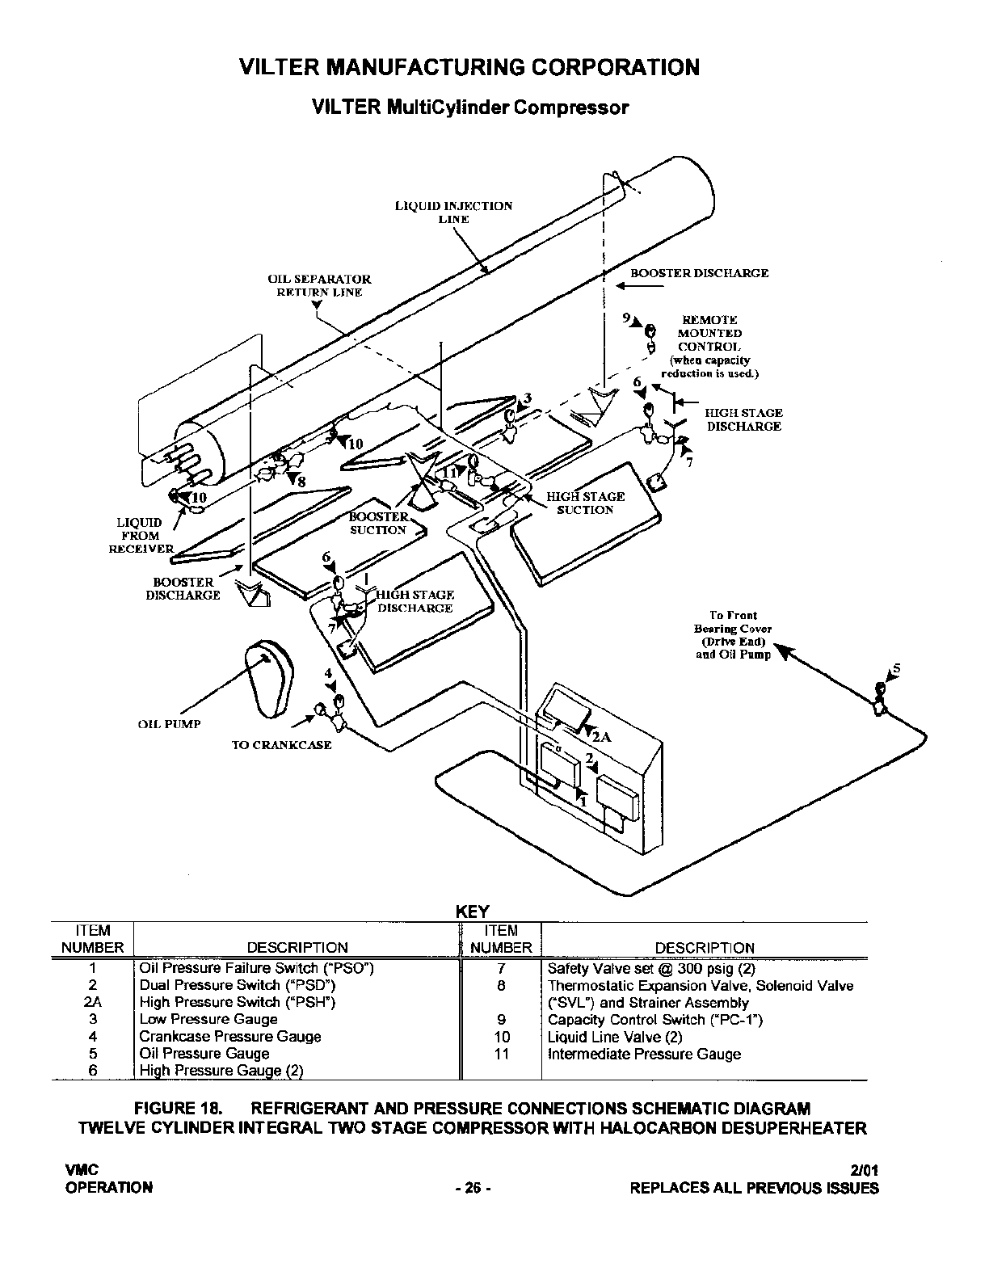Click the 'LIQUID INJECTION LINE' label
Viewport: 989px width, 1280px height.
tap(453, 212)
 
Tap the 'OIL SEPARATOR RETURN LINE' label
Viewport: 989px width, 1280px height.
tap(319, 285)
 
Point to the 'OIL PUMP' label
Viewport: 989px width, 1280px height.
tap(169, 724)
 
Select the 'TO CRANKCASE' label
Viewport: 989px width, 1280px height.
tap(281, 745)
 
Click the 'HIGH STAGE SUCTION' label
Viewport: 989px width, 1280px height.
tap(585, 503)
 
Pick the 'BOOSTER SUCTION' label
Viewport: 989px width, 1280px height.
tap(378, 523)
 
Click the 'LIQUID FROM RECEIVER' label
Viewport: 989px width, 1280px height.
tap(141, 535)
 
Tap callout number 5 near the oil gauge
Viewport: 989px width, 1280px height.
tap(895, 669)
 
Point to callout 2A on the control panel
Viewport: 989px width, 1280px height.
tap(600, 737)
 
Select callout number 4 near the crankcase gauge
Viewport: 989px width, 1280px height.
tap(328, 673)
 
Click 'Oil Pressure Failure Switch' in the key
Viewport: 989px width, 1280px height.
tap(256, 968)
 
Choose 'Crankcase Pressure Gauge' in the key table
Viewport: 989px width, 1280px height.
tap(229, 1037)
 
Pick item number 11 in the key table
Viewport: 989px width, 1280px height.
tap(501, 1054)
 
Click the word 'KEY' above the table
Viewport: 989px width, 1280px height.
tap(473, 912)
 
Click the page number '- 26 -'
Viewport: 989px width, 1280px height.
tap(473, 1188)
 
